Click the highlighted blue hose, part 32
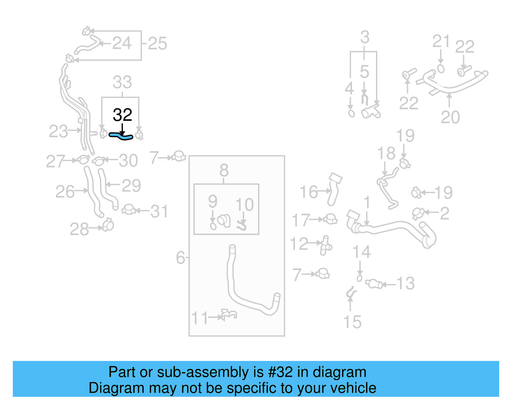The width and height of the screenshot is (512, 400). pos(121,136)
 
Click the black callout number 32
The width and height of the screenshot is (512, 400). pos(122,115)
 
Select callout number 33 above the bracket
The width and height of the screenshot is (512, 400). pos(122,83)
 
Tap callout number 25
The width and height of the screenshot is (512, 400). pos(157,44)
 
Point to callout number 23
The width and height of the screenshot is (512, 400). pos(58,131)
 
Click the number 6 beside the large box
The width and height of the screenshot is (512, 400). pos(180,257)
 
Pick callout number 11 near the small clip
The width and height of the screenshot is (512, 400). pos(200,318)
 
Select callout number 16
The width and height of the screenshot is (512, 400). pos(308,192)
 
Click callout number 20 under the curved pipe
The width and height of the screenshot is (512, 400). pos(450,117)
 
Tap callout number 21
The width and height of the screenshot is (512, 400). pos(441,42)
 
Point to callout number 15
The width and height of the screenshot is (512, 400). pos(352,322)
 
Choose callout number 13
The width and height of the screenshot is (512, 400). pos(405,283)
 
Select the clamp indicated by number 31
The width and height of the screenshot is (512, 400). pos(129,210)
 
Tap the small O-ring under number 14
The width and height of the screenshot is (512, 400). pos(359,278)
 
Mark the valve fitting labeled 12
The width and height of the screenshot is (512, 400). pos(326,245)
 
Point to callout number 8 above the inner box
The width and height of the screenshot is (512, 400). pos(224,170)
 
